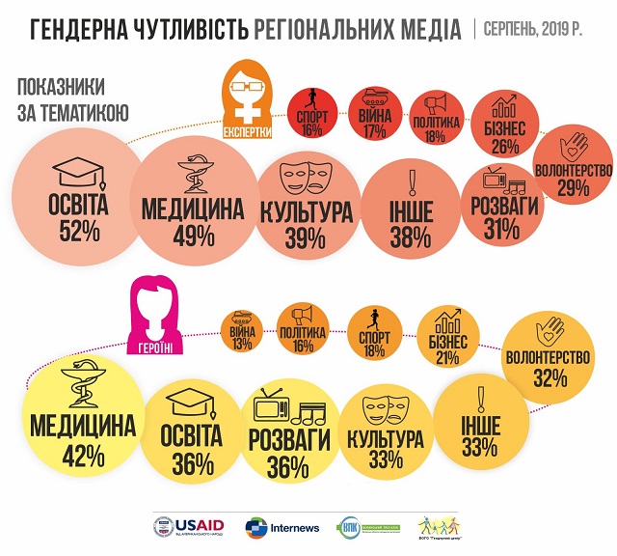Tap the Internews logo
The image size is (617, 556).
pyautogui.click(x=279, y=526)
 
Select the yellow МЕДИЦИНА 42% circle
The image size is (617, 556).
pyautogui.click(x=69, y=429)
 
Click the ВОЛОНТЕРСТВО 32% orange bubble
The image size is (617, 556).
pyautogui.click(x=549, y=353)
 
